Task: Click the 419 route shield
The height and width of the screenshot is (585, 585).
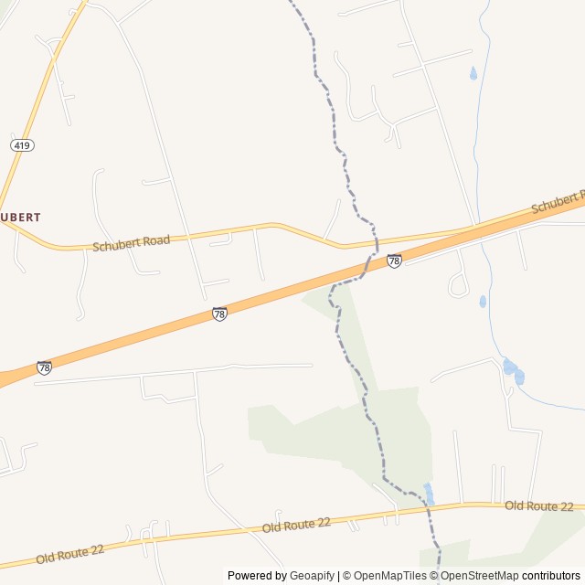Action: pos(23,145)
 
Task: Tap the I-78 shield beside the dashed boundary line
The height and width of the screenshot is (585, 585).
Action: pos(394,261)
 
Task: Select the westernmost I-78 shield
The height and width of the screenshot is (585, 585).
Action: pos(44,367)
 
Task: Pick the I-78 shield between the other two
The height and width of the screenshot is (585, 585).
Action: pos(219,314)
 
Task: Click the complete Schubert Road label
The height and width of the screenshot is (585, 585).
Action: pos(131,243)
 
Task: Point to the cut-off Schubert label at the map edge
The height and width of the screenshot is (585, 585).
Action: pos(558,202)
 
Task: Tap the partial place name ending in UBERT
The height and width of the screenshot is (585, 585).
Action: pos(20,218)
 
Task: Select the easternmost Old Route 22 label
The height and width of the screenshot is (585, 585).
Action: pos(538,506)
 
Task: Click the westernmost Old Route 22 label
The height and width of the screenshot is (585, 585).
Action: pos(70,552)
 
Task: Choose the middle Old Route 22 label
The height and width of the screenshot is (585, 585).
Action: pos(296,525)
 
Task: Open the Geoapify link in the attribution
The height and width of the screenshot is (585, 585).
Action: pos(312,576)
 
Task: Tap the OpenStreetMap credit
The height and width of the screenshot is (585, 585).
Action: pos(479,576)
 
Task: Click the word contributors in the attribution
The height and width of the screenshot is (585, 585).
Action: pos(551,576)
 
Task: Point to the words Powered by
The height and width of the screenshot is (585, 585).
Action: pos(256,576)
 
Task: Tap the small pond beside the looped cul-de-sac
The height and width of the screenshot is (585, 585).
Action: pos(483,302)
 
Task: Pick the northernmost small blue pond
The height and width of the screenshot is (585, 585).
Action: pos(473,74)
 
